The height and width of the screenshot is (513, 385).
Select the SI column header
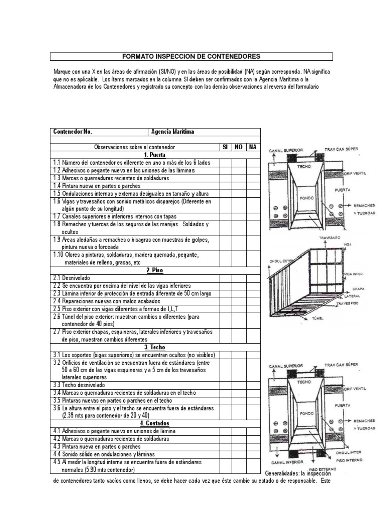(x=225, y=147)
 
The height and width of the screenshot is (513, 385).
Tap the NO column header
(x=239, y=147)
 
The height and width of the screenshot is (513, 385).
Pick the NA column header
(x=253, y=147)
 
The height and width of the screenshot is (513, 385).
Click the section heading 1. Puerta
(x=156, y=155)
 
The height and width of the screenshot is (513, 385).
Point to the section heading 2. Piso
(x=156, y=270)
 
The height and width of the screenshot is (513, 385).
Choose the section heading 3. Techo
(x=156, y=347)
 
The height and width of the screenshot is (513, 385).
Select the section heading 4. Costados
(x=156, y=424)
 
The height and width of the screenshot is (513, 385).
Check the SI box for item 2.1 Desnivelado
(x=225, y=277)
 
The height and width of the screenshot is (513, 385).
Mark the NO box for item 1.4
(x=239, y=185)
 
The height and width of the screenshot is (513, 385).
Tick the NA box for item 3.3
(x=253, y=385)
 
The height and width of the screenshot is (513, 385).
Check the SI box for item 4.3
(x=225, y=446)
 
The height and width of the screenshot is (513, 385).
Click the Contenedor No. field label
(x=73, y=132)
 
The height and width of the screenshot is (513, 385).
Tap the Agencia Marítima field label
(x=173, y=132)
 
